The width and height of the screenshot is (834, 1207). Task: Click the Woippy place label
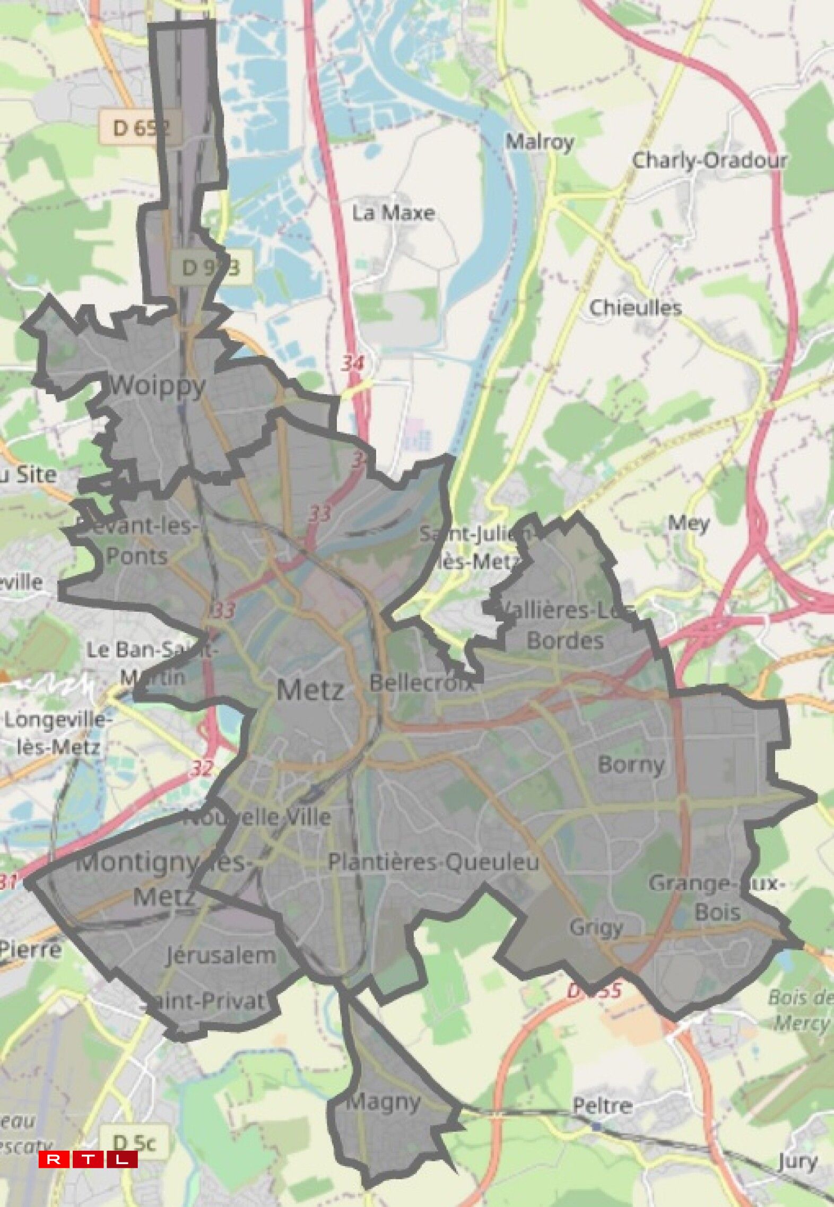(157, 386)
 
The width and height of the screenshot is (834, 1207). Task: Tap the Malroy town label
(539, 142)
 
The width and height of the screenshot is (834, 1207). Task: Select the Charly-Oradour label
(709, 160)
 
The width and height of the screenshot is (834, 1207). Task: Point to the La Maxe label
(393, 213)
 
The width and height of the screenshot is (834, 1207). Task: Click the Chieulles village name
(635, 308)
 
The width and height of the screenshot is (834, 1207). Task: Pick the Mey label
(688, 523)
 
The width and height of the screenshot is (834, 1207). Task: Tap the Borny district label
(631, 765)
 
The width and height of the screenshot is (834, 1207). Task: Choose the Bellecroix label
(422, 683)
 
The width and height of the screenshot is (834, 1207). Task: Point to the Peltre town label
(602, 1106)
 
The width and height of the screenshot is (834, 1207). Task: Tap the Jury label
(797, 1161)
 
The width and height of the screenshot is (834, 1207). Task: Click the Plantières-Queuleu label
(433, 862)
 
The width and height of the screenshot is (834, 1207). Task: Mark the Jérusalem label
(221, 956)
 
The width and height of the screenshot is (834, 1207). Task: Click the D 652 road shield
(140, 127)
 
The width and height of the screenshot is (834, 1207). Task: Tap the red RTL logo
(88, 1160)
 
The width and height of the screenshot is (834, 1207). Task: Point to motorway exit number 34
(352, 363)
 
